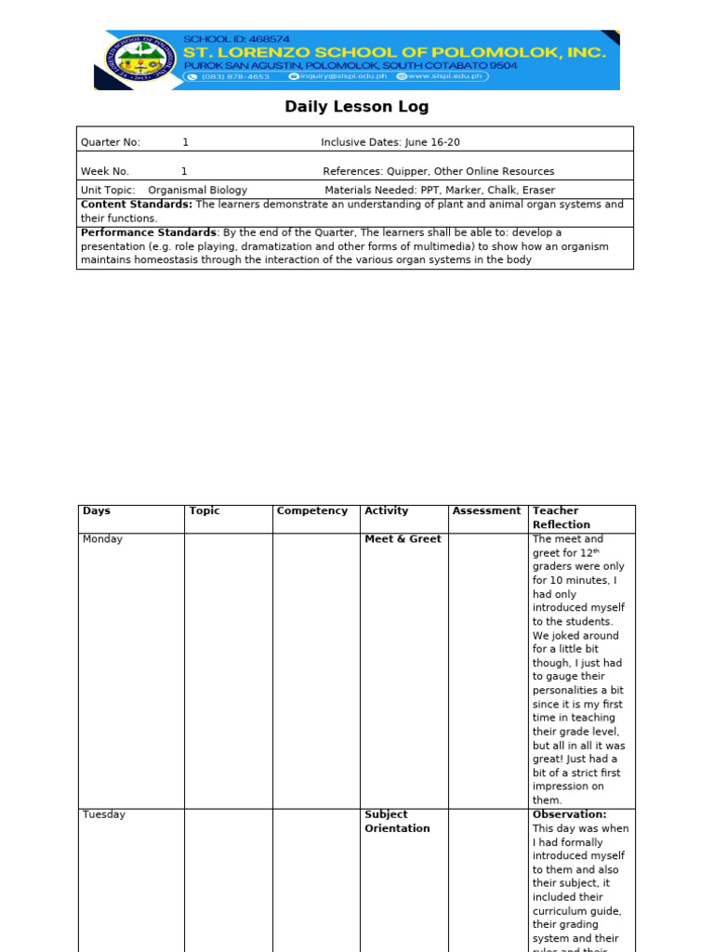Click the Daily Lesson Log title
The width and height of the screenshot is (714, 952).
point(356,107)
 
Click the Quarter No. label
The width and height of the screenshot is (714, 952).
point(111,142)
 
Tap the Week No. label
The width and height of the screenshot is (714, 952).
point(105,171)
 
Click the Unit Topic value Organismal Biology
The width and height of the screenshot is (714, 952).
point(197,190)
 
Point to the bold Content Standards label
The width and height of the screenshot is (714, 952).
point(137,205)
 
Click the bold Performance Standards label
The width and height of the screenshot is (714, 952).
point(149,232)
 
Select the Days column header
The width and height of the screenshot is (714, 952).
point(96,510)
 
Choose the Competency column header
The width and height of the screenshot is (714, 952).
point(312,510)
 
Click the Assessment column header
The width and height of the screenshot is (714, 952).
point(486,510)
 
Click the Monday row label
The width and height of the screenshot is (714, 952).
point(102,539)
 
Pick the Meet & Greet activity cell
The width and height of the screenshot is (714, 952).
point(403,539)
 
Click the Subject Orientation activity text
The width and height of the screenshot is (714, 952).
point(397,821)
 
